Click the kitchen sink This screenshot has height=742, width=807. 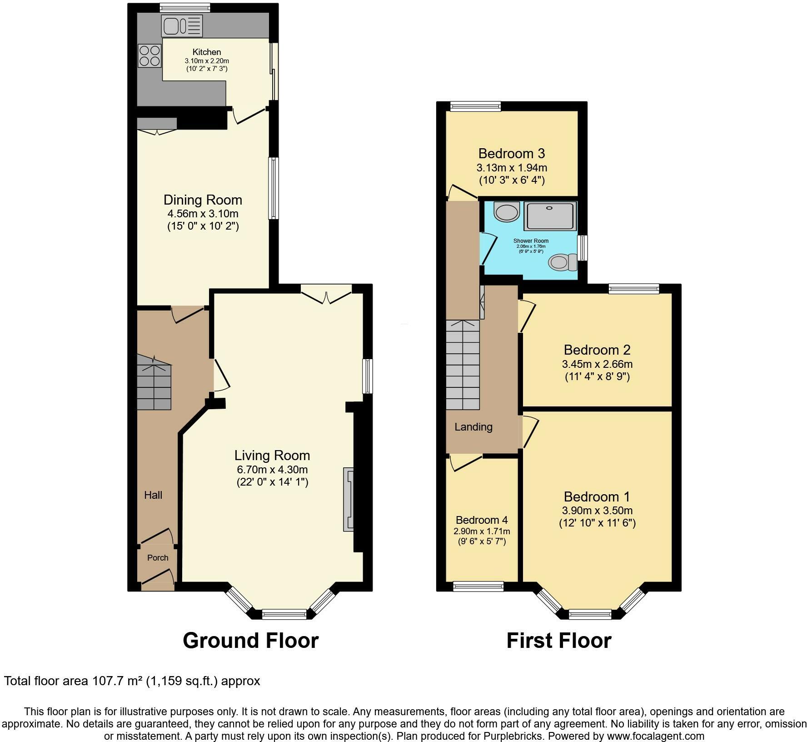coord(181,26)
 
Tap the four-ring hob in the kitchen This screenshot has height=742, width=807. coord(149,55)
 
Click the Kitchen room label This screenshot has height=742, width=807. coord(207,52)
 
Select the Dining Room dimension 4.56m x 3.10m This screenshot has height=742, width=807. coord(203,214)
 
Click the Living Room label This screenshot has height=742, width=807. coord(272,455)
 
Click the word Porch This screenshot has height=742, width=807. coord(158,558)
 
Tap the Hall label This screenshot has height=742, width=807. coord(153,495)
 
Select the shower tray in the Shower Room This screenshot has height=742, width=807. coord(551,216)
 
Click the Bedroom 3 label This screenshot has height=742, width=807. coord(512,153)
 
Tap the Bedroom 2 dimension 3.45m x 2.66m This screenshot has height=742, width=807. coord(597,364)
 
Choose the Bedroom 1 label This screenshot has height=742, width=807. coord(597,496)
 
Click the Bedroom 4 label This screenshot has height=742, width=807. coord(482,520)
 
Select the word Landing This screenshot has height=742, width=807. coord(473,427)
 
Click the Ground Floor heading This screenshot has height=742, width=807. coord(250,641)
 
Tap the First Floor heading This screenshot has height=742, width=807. coord(558,641)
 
